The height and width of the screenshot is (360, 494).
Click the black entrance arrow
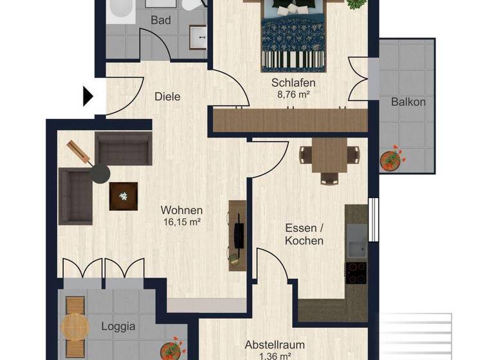[88, 96]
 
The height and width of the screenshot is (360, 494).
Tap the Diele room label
[167, 97]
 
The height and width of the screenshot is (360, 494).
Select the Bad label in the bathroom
[161, 21]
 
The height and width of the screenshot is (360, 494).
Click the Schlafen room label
[293, 83]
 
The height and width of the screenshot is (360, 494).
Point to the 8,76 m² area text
[293, 94]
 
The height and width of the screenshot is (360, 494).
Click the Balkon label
[408, 102]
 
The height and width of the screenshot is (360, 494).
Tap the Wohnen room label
[182, 210]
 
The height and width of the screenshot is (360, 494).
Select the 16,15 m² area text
[182, 222]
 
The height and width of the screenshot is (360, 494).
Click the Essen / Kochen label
[304, 234]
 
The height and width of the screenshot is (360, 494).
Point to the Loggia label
[118, 326]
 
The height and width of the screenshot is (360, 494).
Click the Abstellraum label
[275, 345]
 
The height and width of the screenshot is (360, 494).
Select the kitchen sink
[356, 246]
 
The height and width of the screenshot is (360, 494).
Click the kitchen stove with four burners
[356, 273]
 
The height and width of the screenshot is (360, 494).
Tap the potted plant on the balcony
[390, 159]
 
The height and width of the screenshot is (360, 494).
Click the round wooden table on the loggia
[75, 327]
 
